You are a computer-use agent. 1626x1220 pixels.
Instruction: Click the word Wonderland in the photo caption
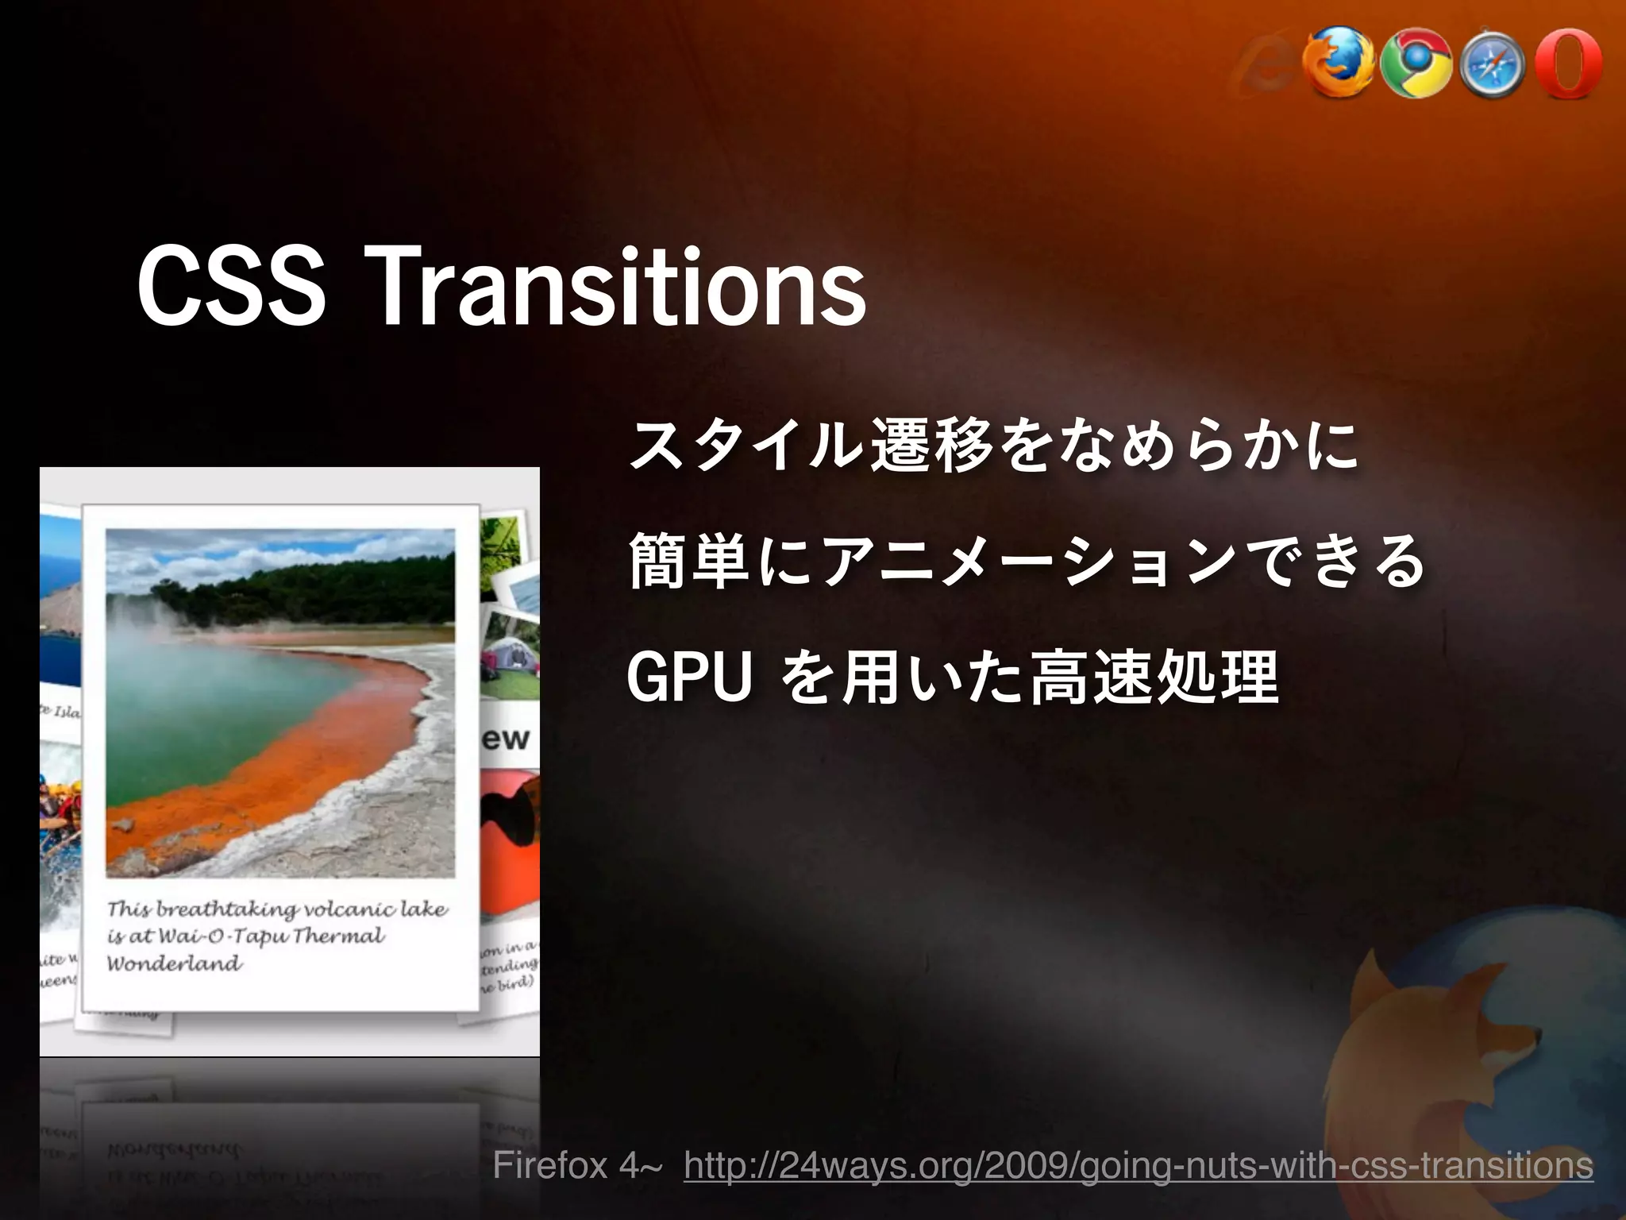tap(175, 963)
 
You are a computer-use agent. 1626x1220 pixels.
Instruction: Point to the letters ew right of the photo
tap(506, 739)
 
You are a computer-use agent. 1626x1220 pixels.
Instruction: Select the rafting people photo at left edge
tap(60, 818)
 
